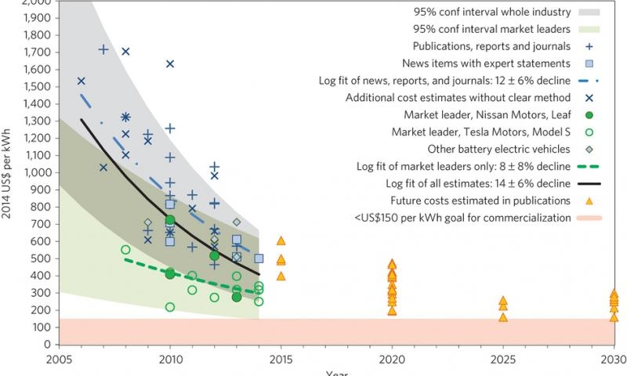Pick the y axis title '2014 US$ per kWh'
7,172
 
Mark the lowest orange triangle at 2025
503,317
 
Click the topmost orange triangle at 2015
281,241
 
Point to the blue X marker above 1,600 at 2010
169,64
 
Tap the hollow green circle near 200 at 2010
170,307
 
